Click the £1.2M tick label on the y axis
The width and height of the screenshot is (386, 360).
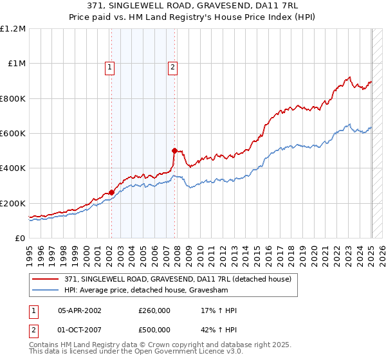(13, 29)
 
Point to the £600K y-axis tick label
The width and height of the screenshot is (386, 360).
(13, 134)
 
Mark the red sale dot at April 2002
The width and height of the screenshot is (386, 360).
(111, 192)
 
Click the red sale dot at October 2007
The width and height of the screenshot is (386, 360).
(174, 150)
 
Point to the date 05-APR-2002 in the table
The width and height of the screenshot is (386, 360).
(80, 310)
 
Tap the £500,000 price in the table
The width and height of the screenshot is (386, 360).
(154, 330)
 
